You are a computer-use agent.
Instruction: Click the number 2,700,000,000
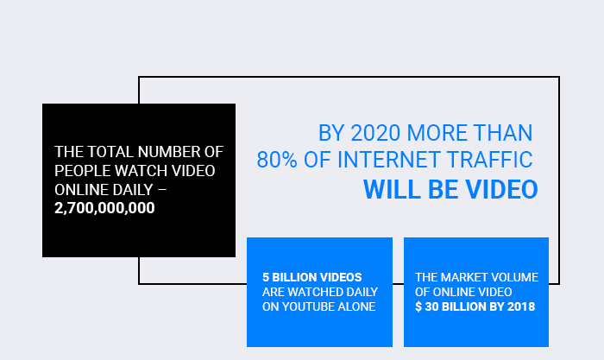tap(104, 208)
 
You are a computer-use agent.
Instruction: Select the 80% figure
tap(277, 160)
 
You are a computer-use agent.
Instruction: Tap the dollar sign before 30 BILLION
tap(418, 306)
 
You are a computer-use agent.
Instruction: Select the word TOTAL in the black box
tap(110, 152)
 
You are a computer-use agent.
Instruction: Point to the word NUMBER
tap(169, 152)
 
